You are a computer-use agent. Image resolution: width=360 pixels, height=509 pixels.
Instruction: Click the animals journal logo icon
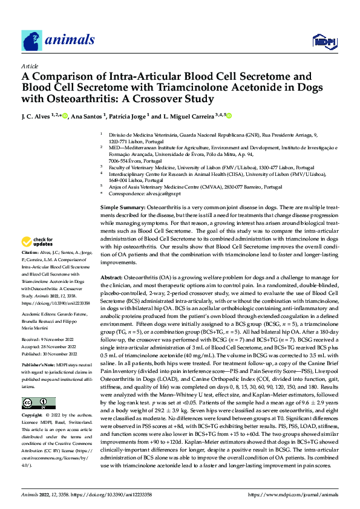coord(31,41)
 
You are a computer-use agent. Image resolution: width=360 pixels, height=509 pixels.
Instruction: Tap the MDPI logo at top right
coord(321,41)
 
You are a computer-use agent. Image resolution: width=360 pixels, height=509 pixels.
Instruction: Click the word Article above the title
coord(30,65)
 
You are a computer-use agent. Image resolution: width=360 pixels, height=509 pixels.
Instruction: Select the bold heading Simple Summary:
coord(123,207)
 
